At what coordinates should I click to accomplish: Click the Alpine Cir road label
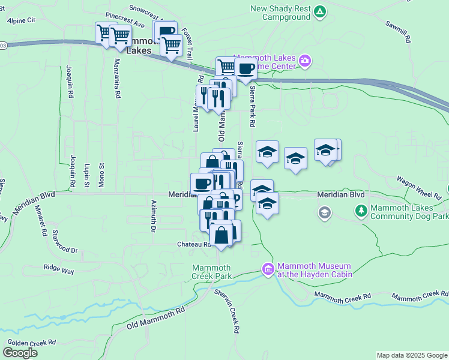[x=22, y=20]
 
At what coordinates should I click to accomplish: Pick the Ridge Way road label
[x=58, y=271]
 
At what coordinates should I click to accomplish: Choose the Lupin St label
[x=87, y=175]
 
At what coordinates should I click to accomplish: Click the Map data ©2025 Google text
[x=412, y=355]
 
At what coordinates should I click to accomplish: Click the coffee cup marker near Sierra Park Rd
[x=245, y=70]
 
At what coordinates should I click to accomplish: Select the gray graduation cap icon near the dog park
[x=325, y=212]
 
